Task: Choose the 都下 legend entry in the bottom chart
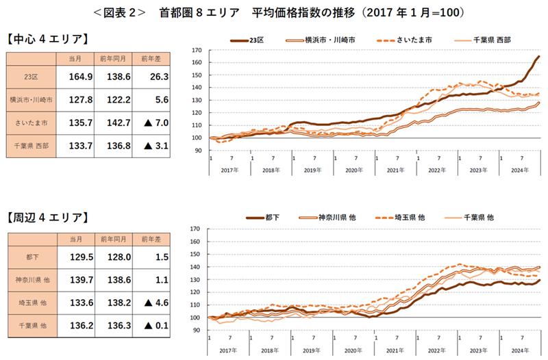[x=263, y=217]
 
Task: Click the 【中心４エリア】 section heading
[x=47, y=38]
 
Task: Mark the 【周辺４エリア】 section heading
[x=47, y=217]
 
